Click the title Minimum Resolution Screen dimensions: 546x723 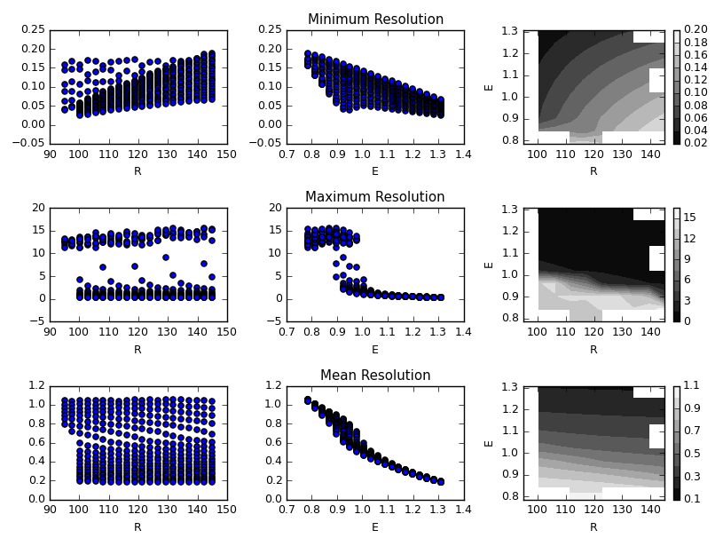[x=375, y=20]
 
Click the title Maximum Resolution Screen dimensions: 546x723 [x=375, y=197]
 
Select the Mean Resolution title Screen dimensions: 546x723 [x=375, y=375]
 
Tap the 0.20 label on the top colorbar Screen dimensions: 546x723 [x=695, y=30]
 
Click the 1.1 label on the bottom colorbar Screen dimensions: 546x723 [x=692, y=386]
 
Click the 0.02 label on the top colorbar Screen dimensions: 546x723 [x=695, y=142]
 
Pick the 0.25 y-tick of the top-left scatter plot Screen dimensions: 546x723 [x=33, y=30]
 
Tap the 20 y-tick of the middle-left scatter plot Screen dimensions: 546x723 [x=38, y=208]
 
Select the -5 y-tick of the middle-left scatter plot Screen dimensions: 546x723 [x=36, y=321]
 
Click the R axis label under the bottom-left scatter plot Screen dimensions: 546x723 [x=138, y=526]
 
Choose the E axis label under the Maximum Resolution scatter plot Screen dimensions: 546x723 [x=374, y=349]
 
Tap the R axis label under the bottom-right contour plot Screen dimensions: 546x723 [x=593, y=526]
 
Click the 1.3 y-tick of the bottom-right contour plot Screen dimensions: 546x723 [x=514, y=388]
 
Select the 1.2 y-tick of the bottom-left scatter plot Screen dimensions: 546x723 [x=35, y=385]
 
